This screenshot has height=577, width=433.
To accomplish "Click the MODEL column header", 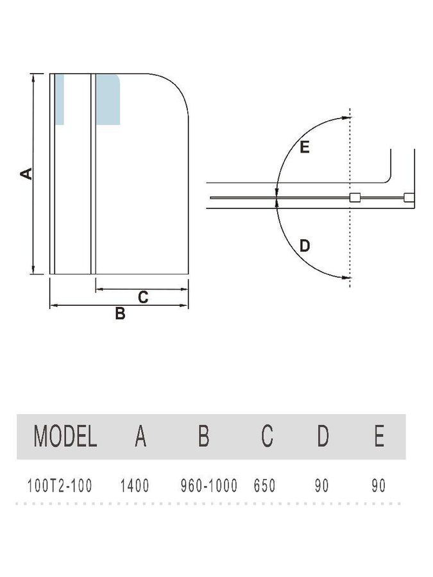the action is (x=65, y=436).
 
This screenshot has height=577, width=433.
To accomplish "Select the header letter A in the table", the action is (x=140, y=436).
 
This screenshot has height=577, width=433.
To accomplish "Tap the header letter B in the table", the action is (x=203, y=436).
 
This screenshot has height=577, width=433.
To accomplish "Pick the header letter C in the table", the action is (x=267, y=436).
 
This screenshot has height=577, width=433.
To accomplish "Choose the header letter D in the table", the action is (x=323, y=436).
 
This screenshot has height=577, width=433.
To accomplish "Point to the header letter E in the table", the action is (x=379, y=436).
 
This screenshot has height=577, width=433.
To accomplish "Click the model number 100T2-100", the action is (x=60, y=486).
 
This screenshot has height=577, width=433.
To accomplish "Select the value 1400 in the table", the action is (x=135, y=486).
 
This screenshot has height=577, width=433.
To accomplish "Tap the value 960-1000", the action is (x=208, y=486).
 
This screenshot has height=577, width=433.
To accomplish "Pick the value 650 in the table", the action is (x=264, y=486).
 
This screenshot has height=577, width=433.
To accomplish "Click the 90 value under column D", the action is (x=321, y=486).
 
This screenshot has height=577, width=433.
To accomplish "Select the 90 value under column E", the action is (x=378, y=486).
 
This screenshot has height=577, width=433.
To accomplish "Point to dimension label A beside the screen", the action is (x=26, y=174).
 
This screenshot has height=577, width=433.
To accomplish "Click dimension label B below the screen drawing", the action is (x=120, y=314).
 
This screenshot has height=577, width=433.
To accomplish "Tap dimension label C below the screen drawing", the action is (x=143, y=297).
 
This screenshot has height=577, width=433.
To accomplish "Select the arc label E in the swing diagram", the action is (x=305, y=147).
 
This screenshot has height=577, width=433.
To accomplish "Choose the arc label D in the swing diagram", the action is (x=305, y=246).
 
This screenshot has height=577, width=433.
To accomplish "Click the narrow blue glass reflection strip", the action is (x=59, y=100).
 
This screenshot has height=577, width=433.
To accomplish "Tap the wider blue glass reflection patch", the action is (x=108, y=100).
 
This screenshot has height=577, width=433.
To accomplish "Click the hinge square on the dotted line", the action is (x=355, y=197).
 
